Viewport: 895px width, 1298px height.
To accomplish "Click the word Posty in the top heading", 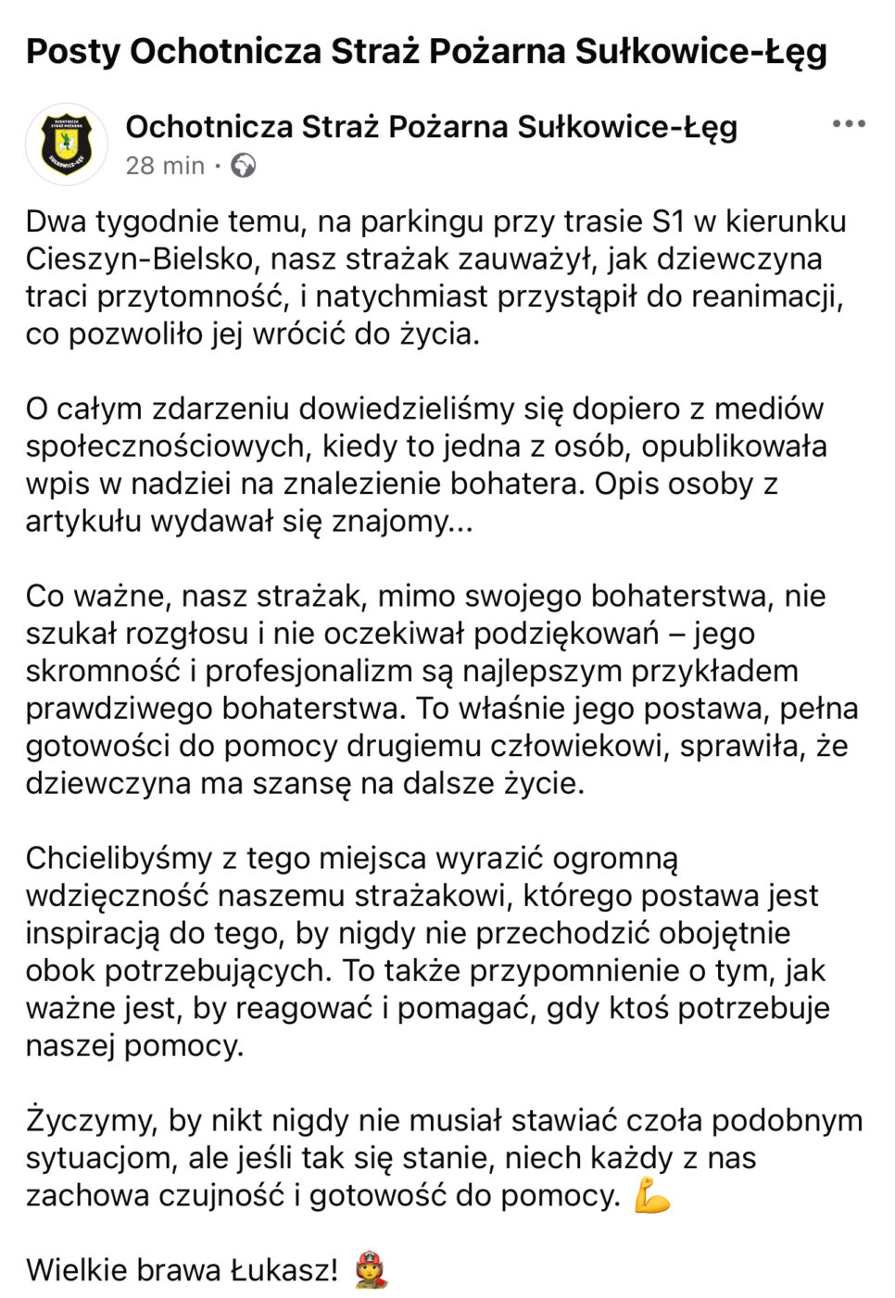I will (x=72, y=52).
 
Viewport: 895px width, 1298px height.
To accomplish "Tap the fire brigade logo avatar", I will (x=67, y=145).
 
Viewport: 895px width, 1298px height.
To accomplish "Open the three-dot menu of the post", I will (x=848, y=124).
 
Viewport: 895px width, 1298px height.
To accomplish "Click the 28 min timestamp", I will (x=165, y=166).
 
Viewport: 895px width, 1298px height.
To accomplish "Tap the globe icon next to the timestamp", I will (x=243, y=166).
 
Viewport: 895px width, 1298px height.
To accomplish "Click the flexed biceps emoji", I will (x=651, y=1196).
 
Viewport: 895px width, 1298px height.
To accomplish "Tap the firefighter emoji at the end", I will (x=370, y=1270).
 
